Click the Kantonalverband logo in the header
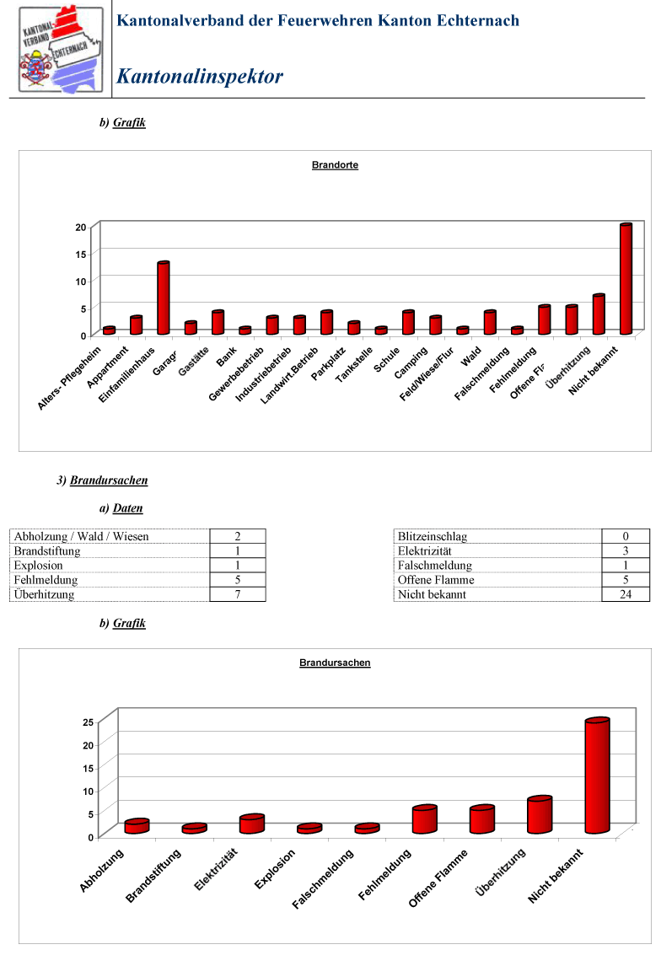(x=61, y=49)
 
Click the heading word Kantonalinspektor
(x=200, y=76)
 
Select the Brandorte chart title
(x=335, y=165)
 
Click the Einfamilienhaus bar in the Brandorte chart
(x=164, y=298)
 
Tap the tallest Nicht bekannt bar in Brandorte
(x=626, y=279)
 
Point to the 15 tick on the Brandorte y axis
(x=81, y=255)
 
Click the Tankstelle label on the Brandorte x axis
(x=354, y=364)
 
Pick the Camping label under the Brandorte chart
(x=411, y=362)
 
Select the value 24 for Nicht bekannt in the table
(x=626, y=594)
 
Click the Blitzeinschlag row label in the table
(x=433, y=537)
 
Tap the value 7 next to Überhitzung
(x=238, y=594)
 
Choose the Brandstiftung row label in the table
(x=47, y=551)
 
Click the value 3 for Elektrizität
(x=626, y=550)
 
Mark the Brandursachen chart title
(x=335, y=663)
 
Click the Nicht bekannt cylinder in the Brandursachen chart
(x=597, y=775)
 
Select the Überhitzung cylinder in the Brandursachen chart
(x=540, y=815)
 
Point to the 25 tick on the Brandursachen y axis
(x=88, y=722)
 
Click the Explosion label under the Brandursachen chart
(x=275, y=869)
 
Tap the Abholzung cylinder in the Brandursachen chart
(x=137, y=826)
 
